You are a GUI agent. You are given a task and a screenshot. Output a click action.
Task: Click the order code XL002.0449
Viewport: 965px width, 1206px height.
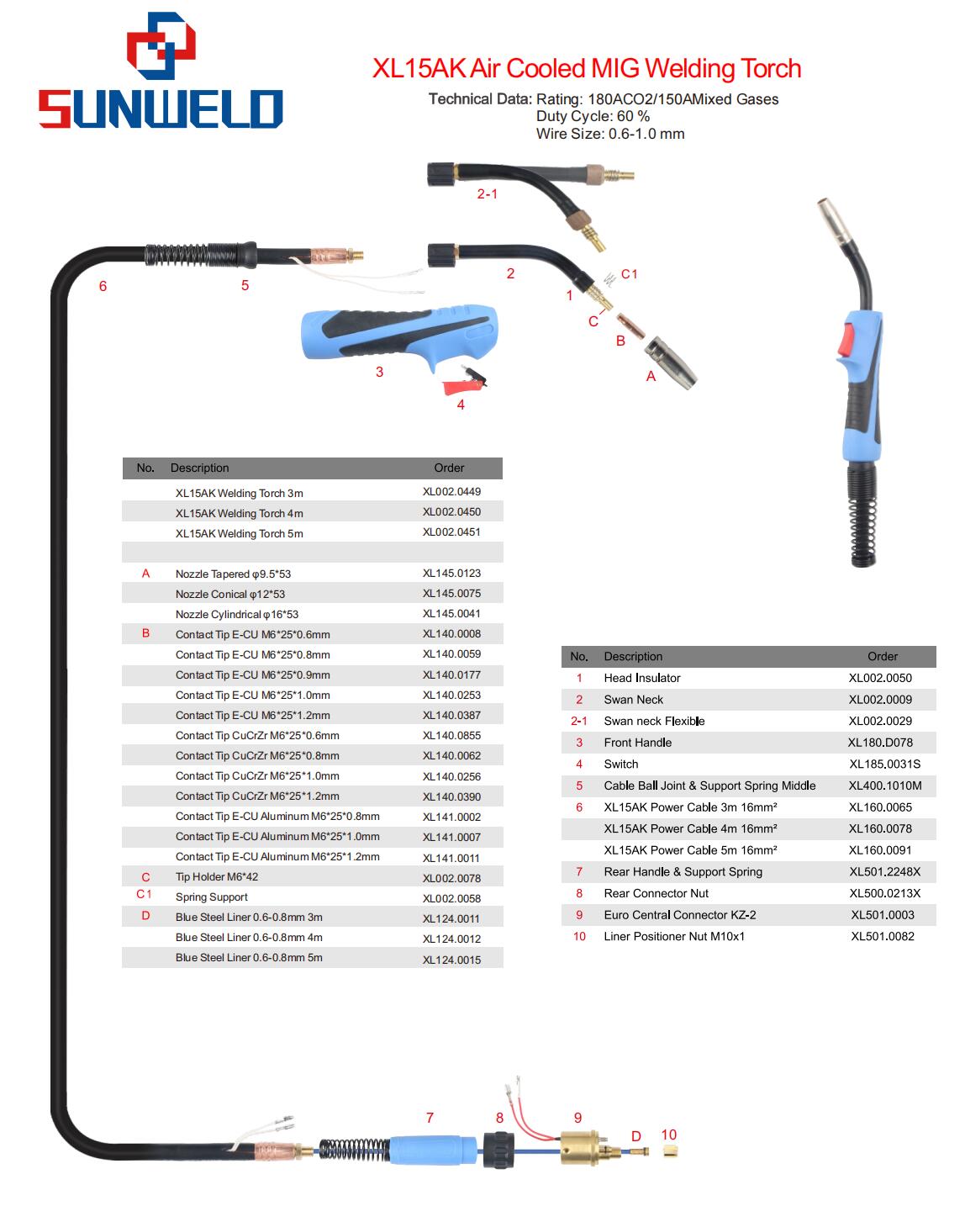coord(451,491)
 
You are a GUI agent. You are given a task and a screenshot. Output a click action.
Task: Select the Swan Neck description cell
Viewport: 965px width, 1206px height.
coord(633,700)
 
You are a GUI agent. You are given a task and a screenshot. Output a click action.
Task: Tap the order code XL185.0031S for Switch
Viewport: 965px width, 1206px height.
coord(884,764)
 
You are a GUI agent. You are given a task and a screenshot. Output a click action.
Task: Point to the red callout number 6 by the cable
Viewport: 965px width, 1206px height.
coord(103,286)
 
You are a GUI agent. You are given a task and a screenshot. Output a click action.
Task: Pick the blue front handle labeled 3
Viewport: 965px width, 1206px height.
coord(398,337)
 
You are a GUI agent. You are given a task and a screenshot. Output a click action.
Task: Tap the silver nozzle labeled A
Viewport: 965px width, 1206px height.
coord(670,362)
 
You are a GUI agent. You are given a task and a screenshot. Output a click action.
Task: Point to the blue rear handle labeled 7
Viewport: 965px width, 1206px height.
coord(433,1150)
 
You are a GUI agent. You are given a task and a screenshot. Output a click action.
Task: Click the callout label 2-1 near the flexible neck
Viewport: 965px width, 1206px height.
coord(487,194)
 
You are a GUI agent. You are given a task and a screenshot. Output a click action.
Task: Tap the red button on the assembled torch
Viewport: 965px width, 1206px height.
coord(845,341)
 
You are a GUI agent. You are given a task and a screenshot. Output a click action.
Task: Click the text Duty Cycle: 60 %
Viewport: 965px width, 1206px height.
coord(593,116)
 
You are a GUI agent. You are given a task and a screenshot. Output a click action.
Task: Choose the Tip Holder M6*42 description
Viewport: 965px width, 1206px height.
coord(217,876)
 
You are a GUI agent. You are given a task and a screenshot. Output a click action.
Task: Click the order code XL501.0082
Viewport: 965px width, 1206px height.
coord(882,936)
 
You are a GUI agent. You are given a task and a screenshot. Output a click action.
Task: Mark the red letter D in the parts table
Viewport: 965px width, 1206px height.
coord(145,916)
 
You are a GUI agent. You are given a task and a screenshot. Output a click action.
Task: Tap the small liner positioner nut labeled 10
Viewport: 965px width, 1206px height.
coord(670,1151)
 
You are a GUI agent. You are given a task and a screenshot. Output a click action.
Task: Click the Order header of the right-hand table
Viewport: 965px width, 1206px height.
coord(882,656)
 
